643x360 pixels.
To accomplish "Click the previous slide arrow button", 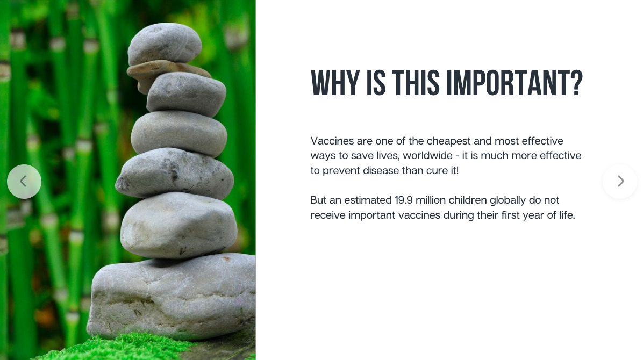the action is tap(24, 182).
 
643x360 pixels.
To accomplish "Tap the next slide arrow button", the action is tap(620, 182).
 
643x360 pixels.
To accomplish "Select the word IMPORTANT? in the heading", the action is tap(514, 83).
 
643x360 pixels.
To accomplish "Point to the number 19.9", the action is tap(404, 200).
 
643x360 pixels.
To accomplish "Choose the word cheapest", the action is tap(448, 141).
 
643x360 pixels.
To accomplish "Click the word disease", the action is tap(381, 170).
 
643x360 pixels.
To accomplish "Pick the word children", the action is tap(468, 200).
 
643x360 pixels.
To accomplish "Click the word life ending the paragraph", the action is tap(567, 215).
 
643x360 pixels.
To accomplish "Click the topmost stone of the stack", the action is tap(165, 44).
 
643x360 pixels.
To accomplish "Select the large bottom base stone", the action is tap(172, 297).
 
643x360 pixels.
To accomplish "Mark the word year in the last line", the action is tap(533, 215).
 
